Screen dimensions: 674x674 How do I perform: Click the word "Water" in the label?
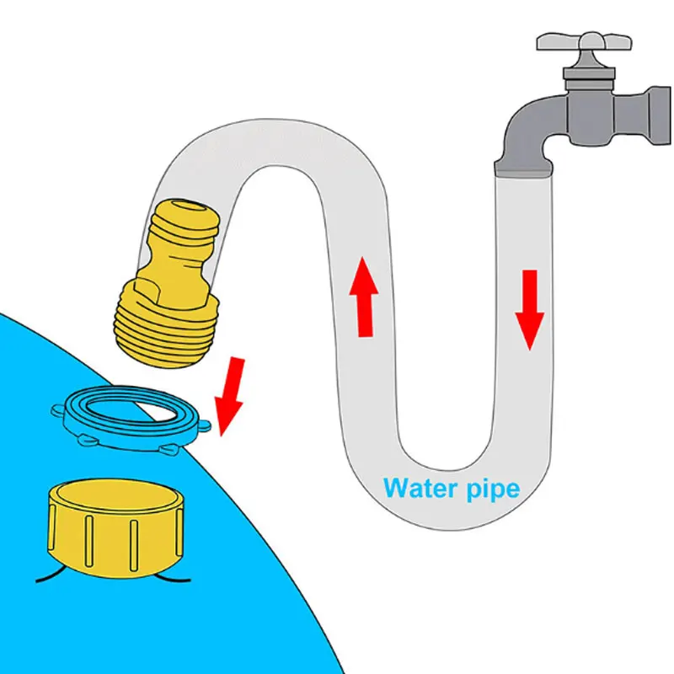point(418,489)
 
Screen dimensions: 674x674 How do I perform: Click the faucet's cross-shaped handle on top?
point(583,45)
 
